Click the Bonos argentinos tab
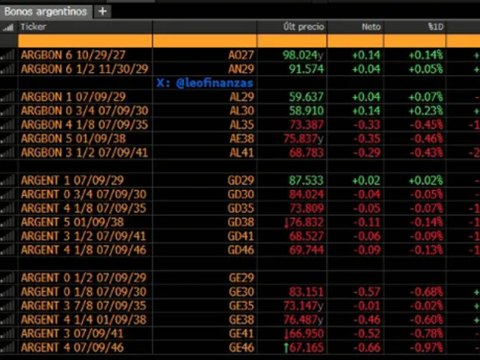[x=46, y=11]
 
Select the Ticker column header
[x=33, y=26]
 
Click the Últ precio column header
[x=304, y=26]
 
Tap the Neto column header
[x=371, y=26]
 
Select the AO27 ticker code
[x=241, y=55]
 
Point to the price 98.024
[x=299, y=55]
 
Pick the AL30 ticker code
[x=242, y=111]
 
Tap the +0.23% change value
[x=425, y=111]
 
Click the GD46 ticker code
[x=242, y=250]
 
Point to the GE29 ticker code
[x=242, y=278]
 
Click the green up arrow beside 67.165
[x=288, y=348]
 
